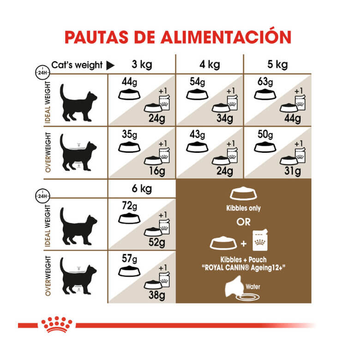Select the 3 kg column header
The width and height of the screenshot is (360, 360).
(x=141, y=64)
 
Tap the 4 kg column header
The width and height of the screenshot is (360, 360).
(x=210, y=64)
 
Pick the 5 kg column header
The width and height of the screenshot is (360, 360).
(x=278, y=64)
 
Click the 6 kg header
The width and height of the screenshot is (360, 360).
(x=141, y=189)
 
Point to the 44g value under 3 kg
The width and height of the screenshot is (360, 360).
(x=128, y=82)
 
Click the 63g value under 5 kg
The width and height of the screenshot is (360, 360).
(x=264, y=82)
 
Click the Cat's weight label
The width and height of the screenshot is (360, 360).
(x=77, y=65)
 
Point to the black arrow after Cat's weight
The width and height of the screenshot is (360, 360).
(x=110, y=65)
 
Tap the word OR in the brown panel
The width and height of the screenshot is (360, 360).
(x=244, y=222)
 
